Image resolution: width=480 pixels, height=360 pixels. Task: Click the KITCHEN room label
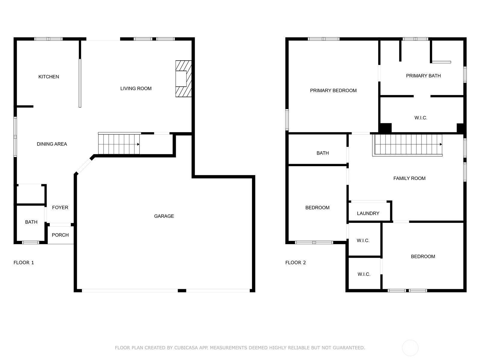click(x=49, y=77)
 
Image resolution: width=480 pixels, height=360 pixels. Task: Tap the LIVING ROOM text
click(x=136, y=88)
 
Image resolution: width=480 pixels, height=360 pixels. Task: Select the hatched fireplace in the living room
click(x=184, y=79)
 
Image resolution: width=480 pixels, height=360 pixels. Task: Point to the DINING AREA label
click(x=52, y=144)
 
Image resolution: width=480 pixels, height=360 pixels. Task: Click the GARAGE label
click(x=164, y=216)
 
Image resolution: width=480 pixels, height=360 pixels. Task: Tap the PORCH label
click(x=60, y=235)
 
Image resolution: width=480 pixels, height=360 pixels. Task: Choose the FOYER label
click(x=60, y=207)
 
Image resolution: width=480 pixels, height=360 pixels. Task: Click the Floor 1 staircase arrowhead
click(x=138, y=144)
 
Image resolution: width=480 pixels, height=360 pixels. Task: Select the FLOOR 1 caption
click(x=24, y=262)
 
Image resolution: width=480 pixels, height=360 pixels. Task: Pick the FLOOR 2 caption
click(x=295, y=262)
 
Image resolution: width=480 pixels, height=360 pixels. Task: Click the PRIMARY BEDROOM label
click(x=333, y=91)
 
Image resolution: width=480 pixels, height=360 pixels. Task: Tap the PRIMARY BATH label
click(x=423, y=76)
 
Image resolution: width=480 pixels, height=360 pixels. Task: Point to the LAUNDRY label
click(x=368, y=213)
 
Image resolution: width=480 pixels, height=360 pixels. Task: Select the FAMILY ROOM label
click(x=409, y=178)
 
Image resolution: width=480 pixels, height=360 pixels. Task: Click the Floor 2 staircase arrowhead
click(x=441, y=144)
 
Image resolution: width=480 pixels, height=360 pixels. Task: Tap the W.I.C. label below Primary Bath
click(x=421, y=118)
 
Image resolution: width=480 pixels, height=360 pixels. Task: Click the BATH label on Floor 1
click(x=31, y=222)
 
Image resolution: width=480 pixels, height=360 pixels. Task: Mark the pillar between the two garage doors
click(x=182, y=291)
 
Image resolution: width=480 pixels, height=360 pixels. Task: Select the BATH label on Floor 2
click(x=322, y=153)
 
